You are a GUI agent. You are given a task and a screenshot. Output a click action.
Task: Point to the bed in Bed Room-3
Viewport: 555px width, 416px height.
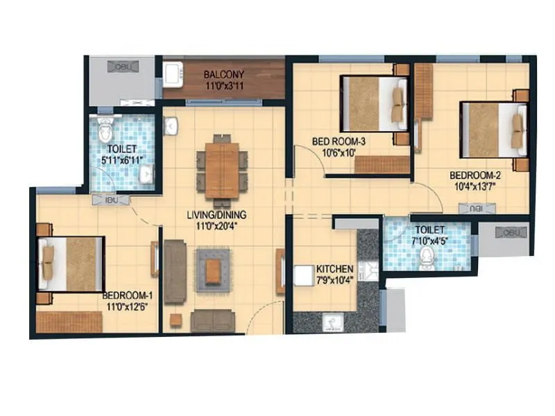374,104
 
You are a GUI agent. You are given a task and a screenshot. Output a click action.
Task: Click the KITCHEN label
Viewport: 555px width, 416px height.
335,269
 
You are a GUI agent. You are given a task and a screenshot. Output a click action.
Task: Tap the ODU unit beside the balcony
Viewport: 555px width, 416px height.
124,67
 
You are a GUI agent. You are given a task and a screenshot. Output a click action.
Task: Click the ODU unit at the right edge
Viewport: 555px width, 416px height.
512,232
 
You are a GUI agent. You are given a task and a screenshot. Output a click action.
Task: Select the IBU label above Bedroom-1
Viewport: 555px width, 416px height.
111,200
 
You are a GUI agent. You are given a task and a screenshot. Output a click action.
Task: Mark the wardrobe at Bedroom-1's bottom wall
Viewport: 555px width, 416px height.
69,322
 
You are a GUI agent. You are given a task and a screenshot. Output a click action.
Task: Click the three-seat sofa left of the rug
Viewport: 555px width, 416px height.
174,272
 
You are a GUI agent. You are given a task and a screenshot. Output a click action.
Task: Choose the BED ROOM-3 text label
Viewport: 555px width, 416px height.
339,141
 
